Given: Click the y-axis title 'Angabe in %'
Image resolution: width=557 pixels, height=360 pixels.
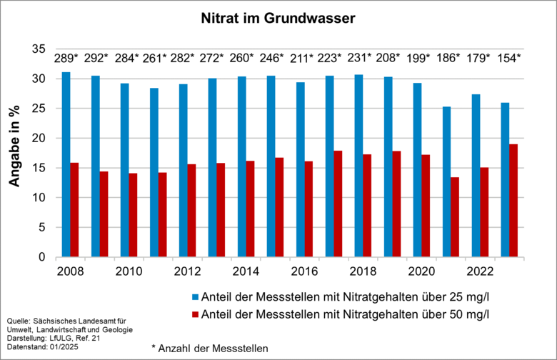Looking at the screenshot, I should coord(15,153).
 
